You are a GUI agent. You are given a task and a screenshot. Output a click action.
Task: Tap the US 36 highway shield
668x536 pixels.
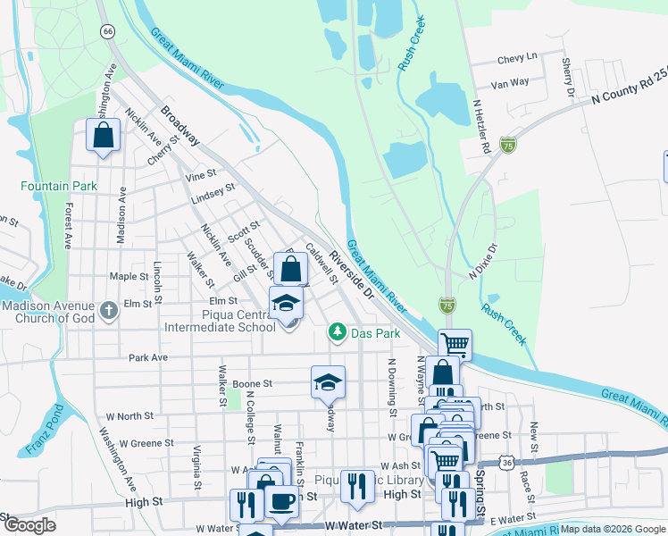point(507,463)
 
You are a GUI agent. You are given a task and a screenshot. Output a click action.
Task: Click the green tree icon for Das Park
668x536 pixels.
point(337,332)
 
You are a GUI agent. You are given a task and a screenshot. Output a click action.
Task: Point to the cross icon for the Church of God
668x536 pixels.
point(108,311)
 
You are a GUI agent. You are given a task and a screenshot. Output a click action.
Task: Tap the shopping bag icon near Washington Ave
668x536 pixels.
point(104,136)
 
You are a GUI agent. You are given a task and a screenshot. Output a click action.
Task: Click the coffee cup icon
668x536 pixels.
point(282,502)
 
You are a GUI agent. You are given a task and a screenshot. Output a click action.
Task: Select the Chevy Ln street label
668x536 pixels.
point(517,58)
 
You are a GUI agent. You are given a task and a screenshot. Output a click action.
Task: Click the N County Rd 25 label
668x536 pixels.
point(629,94)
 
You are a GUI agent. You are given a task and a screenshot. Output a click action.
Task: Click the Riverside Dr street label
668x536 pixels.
point(350,274)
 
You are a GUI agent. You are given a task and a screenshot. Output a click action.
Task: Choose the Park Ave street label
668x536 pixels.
point(148,357)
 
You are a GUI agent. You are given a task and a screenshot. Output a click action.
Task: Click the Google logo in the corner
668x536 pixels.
point(29,525)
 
